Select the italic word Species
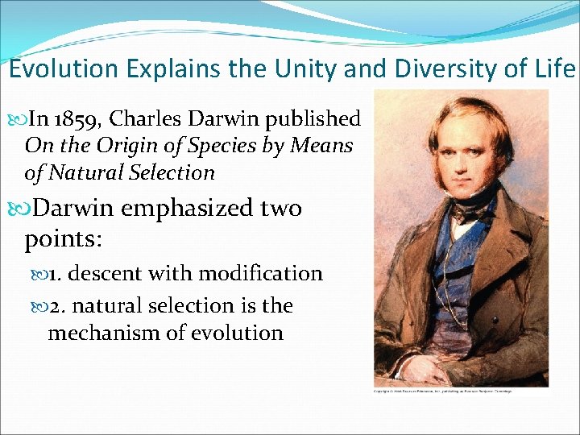point(197,146)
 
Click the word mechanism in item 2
point(97,333)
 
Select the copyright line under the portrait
point(442,391)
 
